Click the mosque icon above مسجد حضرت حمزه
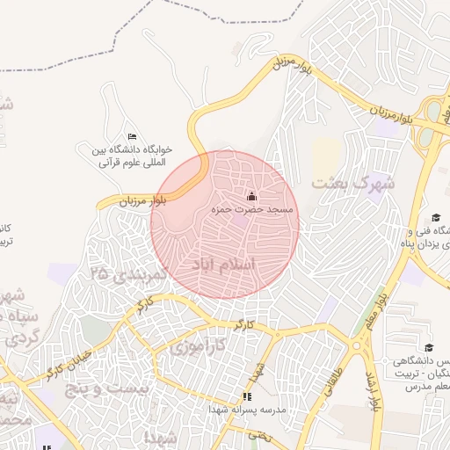251,196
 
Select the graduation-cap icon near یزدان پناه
436,218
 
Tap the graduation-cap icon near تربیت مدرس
429,348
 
